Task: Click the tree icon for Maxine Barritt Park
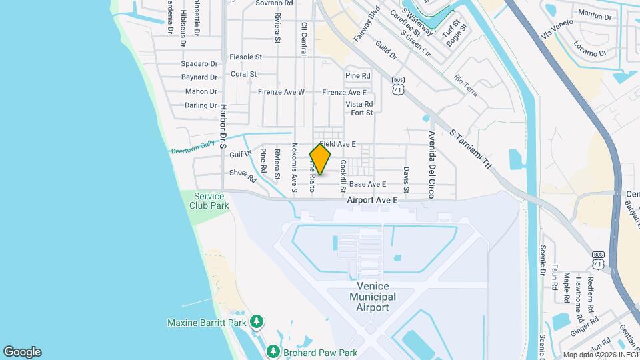257,323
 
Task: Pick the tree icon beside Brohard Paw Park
272,351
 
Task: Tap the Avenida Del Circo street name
431,165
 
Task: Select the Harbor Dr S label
225,126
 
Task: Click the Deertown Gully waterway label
191,151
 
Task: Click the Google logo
22,352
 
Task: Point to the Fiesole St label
246,57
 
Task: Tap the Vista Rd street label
359,104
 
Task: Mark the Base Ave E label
367,184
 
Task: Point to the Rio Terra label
465,85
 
